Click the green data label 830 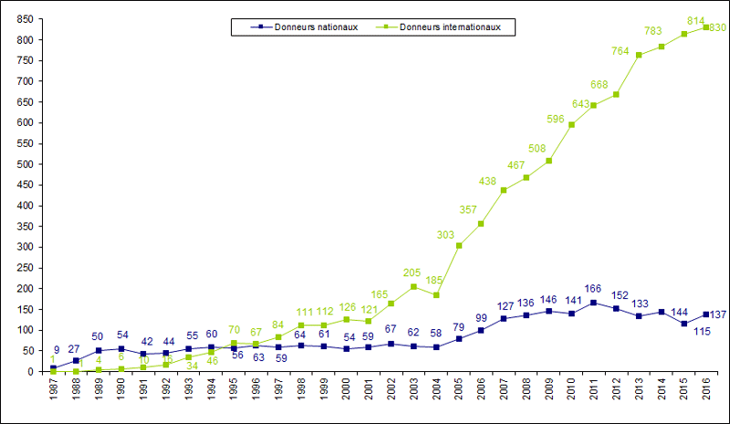pyautogui.click(x=717, y=28)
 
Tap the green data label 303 pyautogui.click(x=445, y=234)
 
